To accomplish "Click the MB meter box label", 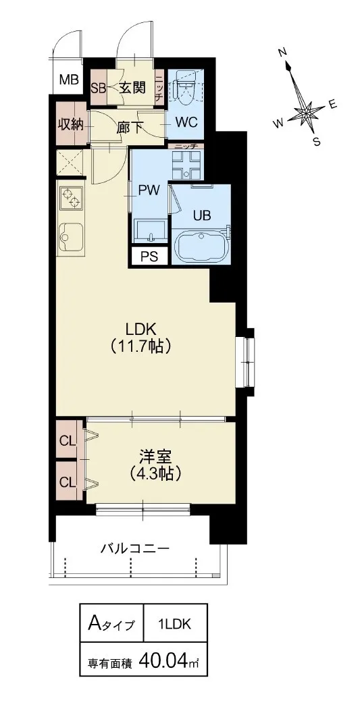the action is click(x=70, y=81).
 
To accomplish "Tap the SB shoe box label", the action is click(x=98, y=88).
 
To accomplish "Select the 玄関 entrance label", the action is click(x=132, y=88).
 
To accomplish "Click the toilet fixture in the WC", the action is click(x=185, y=86).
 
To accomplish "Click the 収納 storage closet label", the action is click(x=71, y=124).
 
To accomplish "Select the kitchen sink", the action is click(x=71, y=238).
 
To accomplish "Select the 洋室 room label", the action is click(x=155, y=456).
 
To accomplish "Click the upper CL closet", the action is click(x=70, y=440).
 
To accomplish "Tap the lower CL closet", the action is click(x=70, y=481).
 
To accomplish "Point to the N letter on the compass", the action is click(x=283, y=53).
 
